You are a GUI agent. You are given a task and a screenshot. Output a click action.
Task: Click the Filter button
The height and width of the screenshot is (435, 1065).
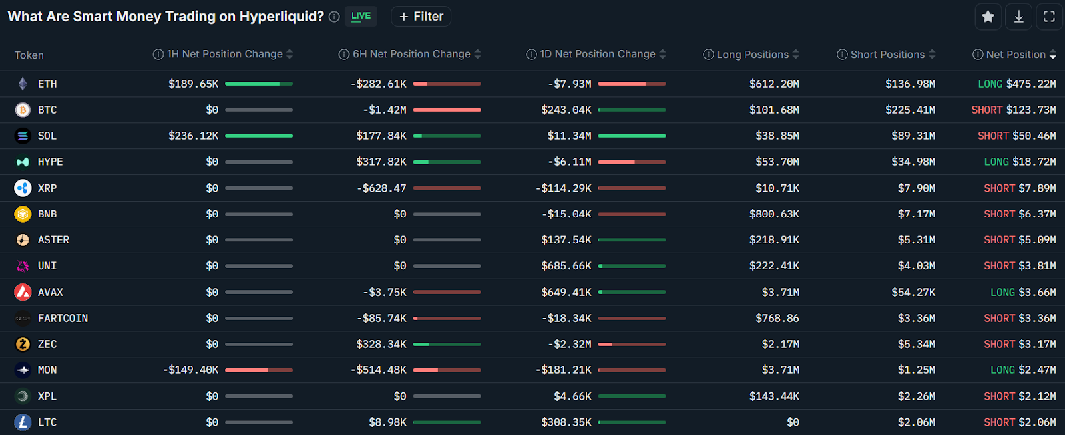(421, 17)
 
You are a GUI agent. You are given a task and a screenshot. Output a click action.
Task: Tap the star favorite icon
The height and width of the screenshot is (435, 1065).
(988, 17)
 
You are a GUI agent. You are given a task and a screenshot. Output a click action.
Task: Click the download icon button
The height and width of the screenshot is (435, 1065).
(1018, 17)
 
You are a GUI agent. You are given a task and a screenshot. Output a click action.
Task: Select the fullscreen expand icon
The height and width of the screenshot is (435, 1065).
(1049, 17)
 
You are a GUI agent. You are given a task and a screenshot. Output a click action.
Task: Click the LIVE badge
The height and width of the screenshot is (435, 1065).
(361, 16)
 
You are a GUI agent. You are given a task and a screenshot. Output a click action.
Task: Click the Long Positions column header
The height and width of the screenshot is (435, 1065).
(752, 55)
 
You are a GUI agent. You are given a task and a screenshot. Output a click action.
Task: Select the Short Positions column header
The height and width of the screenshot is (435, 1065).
(887, 55)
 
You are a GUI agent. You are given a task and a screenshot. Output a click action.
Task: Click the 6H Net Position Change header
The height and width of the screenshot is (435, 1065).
(411, 54)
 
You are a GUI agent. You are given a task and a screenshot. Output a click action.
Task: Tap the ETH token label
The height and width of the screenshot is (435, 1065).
(47, 84)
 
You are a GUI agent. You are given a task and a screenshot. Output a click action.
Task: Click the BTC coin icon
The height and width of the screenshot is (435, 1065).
(23, 110)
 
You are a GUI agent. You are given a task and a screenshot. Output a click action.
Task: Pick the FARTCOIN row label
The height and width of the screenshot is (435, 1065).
(63, 318)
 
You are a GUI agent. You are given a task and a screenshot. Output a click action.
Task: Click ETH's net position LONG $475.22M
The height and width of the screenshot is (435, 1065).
(1016, 84)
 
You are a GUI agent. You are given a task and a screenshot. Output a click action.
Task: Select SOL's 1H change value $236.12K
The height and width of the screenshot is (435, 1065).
(193, 136)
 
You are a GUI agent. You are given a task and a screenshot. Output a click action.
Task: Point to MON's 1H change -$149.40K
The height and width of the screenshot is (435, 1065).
(190, 370)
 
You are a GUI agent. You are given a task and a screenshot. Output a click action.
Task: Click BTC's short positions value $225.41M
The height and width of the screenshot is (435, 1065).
(910, 110)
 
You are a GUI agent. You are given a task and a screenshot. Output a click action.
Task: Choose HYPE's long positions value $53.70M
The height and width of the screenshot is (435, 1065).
(777, 162)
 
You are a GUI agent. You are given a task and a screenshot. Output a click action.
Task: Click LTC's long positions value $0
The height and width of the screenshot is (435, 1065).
(793, 422)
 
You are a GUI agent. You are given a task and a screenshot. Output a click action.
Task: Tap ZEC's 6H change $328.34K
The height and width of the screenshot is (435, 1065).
(381, 344)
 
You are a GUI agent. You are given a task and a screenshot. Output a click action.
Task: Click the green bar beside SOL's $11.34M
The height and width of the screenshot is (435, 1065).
(632, 136)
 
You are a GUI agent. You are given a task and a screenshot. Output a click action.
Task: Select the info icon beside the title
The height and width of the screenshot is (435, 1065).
(334, 17)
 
